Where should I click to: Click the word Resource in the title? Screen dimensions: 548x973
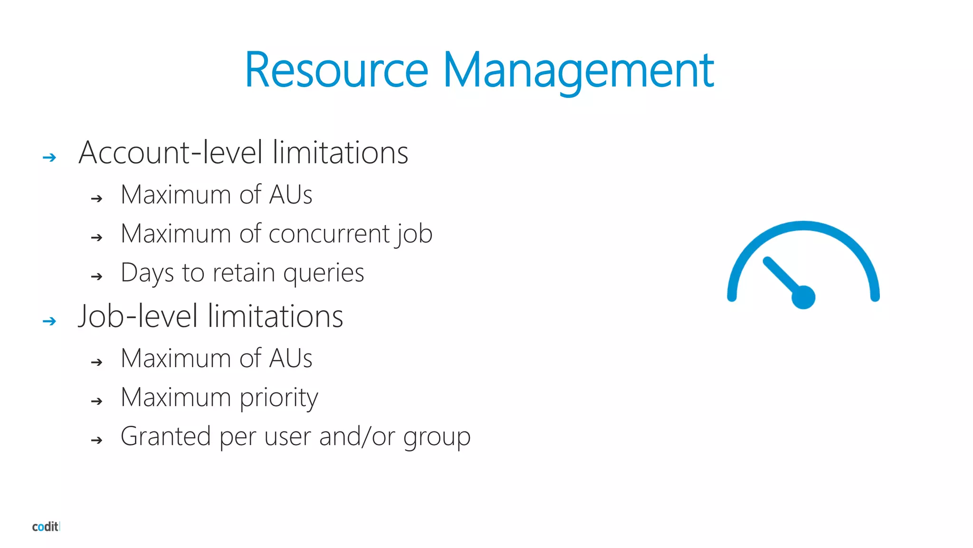(336, 70)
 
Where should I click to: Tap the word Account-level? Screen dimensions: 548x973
(171, 153)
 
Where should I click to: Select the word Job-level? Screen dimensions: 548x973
(138, 316)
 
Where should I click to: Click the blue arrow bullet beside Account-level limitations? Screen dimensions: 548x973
(49, 157)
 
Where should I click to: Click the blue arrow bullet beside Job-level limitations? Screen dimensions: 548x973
(49, 322)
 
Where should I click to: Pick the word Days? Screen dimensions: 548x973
(147, 274)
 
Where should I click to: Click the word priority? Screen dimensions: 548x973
(279, 398)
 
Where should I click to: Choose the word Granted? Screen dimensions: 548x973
(165, 436)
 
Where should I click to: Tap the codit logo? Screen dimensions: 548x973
(46, 527)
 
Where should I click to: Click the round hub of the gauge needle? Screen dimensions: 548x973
(803, 297)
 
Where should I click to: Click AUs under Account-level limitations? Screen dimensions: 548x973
(291, 195)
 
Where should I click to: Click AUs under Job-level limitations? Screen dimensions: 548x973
(291, 358)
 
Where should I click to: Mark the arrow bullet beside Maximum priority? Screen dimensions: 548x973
(97, 401)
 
